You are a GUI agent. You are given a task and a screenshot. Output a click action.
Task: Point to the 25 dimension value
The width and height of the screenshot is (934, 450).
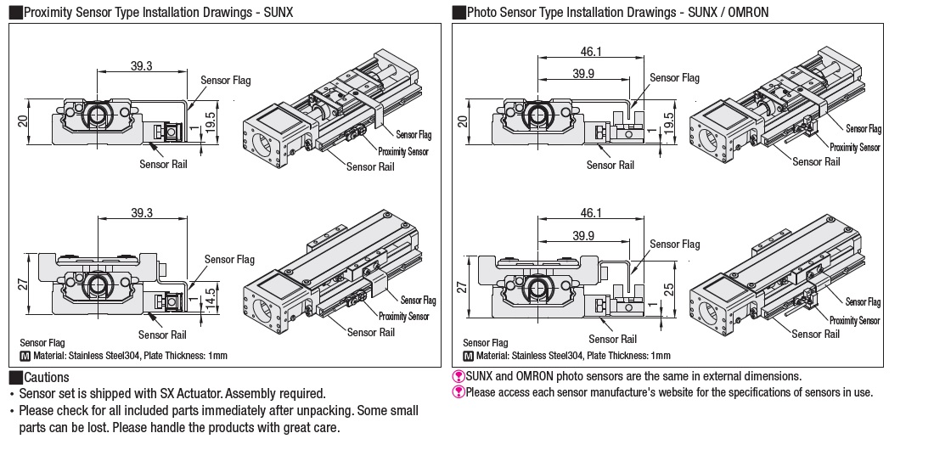669,293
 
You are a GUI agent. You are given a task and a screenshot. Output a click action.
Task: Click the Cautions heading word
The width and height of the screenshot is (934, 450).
47,378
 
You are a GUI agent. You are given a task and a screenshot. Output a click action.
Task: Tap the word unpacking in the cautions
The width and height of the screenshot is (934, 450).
279,411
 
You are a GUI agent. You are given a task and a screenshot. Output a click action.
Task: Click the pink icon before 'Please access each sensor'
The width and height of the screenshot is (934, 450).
458,392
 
